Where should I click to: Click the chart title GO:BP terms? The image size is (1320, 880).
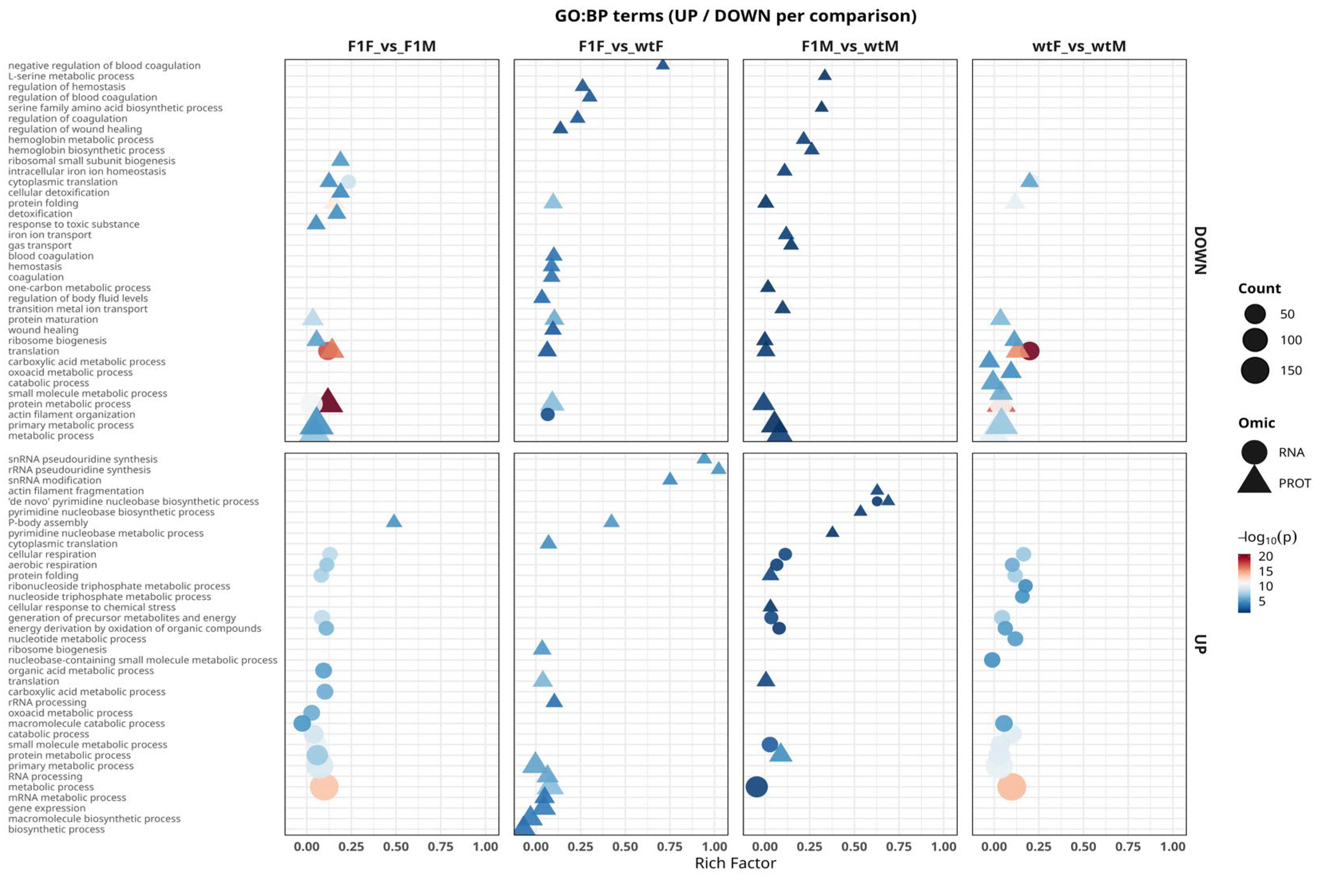[x=735, y=16]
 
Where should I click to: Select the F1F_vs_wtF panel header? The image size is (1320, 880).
[x=621, y=46]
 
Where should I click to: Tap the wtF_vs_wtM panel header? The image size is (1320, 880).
[x=1079, y=46]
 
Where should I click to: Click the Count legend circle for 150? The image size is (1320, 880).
[x=1255, y=371]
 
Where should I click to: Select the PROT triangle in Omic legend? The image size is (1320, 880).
[x=1254, y=482]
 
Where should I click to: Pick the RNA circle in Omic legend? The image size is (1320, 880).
[x=1254, y=452]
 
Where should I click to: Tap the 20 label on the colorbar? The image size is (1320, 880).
[x=1266, y=556]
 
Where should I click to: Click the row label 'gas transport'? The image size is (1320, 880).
[x=40, y=245]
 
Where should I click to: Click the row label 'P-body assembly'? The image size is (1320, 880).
[x=48, y=523]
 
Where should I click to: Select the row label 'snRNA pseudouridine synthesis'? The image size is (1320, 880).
[x=83, y=459]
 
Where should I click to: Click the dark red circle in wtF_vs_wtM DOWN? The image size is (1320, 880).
[x=1030, y=351]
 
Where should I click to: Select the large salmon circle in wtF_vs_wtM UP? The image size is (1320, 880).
[x=1012, y=787]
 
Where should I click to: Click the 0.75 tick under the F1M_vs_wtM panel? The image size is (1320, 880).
[x=899, y=846]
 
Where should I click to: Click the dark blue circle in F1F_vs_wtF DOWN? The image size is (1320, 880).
[x=548, y=414]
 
